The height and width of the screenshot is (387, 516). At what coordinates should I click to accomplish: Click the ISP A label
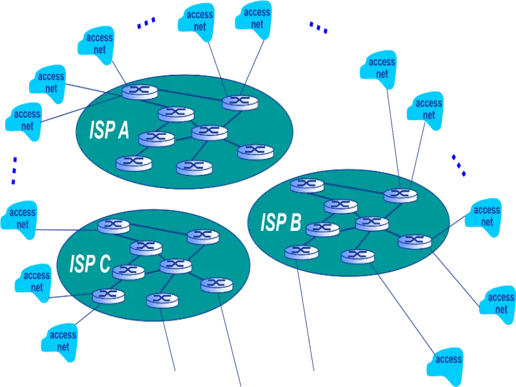point(109,131)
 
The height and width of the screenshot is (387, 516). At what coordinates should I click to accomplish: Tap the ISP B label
point(281,223)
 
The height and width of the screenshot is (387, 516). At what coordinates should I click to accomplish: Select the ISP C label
point(90,264)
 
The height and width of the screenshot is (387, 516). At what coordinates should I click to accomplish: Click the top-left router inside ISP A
point(140,91)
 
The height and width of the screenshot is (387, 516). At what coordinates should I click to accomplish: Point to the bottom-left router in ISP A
point(134,163)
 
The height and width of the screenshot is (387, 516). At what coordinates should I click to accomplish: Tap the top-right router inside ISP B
point(401,194)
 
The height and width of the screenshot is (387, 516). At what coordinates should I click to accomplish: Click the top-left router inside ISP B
point(307,186)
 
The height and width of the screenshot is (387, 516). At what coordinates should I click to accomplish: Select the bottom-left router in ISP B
point(301,252)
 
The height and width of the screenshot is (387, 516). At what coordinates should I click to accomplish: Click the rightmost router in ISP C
point(216,284)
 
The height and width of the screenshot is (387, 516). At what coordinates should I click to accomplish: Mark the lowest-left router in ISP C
point(108,296)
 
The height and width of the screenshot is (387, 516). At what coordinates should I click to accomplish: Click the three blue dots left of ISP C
point(14,171)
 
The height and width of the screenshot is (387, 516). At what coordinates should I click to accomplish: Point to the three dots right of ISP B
point(459,165)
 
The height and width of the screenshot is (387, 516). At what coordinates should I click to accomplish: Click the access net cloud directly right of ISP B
point(486,216)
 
